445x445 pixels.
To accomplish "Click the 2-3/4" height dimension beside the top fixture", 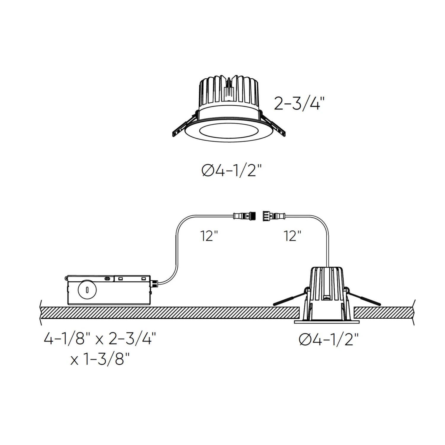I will (299, 104).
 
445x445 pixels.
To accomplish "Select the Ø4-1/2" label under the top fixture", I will (231, 171).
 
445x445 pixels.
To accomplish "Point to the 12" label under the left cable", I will (209, 236).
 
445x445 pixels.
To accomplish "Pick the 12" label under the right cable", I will (293, 236).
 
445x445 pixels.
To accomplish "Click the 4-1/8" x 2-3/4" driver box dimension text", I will (100, 338).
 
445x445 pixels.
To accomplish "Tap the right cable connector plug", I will (273, 216).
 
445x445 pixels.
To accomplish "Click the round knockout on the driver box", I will (87, 290).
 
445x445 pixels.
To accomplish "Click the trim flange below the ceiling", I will (327, 322).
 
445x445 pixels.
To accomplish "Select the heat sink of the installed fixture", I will (326, 282).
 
